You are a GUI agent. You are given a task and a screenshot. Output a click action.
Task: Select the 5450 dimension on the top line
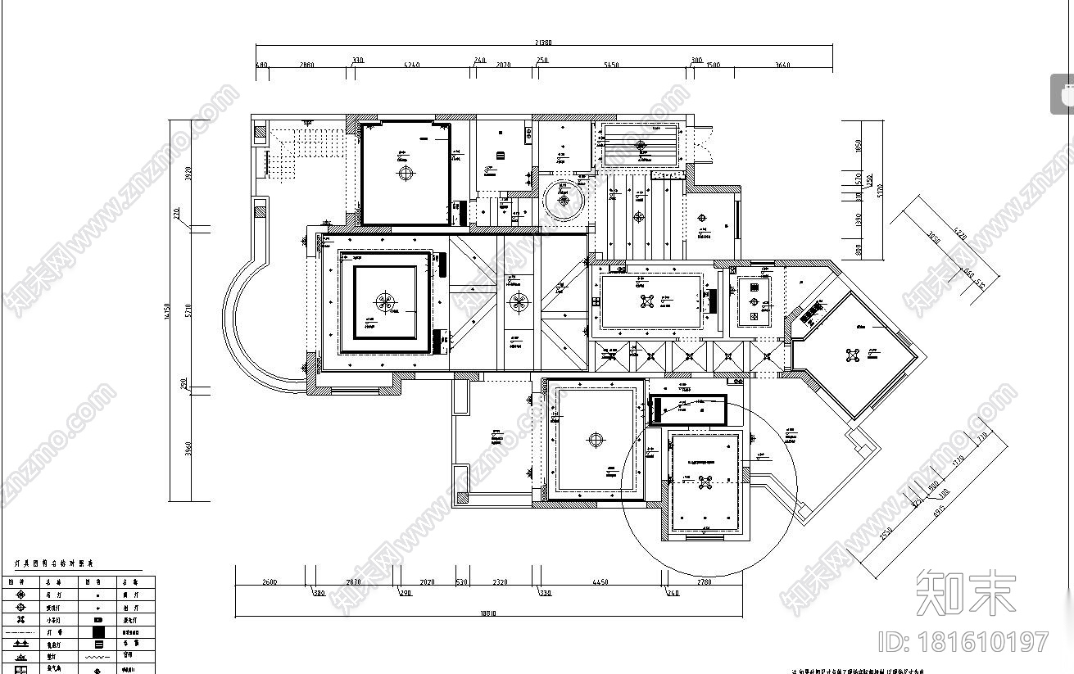coord(610,65)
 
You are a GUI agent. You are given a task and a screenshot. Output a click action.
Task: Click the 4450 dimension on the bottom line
coord(599,582)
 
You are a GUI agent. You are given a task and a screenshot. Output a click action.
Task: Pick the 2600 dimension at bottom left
coord(270,582)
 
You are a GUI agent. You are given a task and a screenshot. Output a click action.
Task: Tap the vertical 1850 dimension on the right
coord(858,146)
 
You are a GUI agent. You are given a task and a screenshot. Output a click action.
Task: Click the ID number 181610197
coord(963,641)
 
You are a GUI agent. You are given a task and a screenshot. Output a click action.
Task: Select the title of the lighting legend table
coord(55,564)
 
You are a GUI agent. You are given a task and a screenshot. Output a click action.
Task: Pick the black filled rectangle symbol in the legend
coord(98,631)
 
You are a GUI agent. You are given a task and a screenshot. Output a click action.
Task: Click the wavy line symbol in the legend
coord(98,657)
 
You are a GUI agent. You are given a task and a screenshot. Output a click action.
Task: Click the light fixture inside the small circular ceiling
coord(564,197)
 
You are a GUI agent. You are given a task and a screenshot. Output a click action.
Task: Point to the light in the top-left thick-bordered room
coord(406,173)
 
